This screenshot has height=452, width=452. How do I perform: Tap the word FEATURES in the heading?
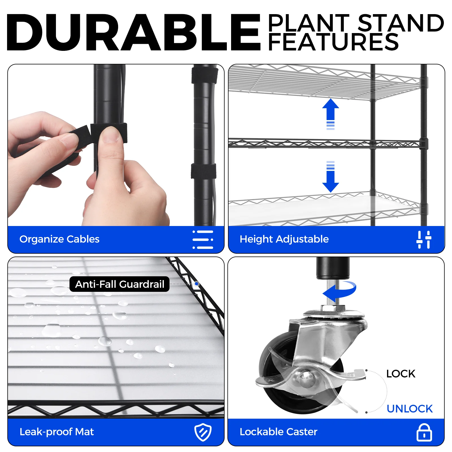tap(333, 42)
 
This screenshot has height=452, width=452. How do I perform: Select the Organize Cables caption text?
tap(59, 239)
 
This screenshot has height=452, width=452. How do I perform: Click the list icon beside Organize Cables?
tap(203, 240)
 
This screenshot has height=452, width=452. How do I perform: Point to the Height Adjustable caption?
tap(284, 239)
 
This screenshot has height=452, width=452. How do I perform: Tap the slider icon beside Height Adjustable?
tap(424, 240)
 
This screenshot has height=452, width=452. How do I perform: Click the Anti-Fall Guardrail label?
tap(119, 284)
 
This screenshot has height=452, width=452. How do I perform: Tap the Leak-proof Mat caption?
tap(56, 432)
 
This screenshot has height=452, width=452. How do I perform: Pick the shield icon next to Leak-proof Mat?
tap(203, 432)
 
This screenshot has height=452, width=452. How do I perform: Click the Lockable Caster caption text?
tap(278, 432)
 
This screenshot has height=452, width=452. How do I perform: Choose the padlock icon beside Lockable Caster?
tap(424, 432)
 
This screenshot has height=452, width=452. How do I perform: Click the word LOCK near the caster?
tap(401, 374)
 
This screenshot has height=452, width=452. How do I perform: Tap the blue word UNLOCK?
tap(410, 409)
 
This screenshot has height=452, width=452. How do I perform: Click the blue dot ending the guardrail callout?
tap(197, 284)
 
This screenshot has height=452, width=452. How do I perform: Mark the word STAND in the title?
tap(401, 23)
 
